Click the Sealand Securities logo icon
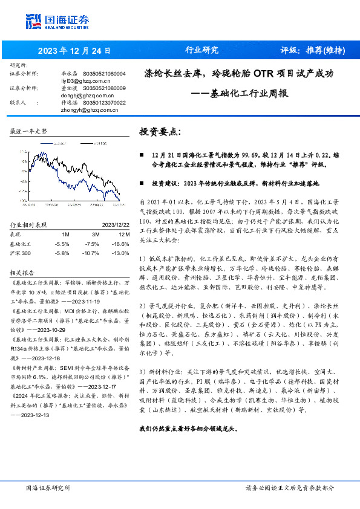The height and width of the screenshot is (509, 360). click(34, 21)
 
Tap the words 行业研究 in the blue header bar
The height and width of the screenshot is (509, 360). click(201, 50)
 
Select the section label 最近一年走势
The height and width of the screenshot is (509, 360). click(29, 131)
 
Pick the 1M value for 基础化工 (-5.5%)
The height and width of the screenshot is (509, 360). click(62, 243)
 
